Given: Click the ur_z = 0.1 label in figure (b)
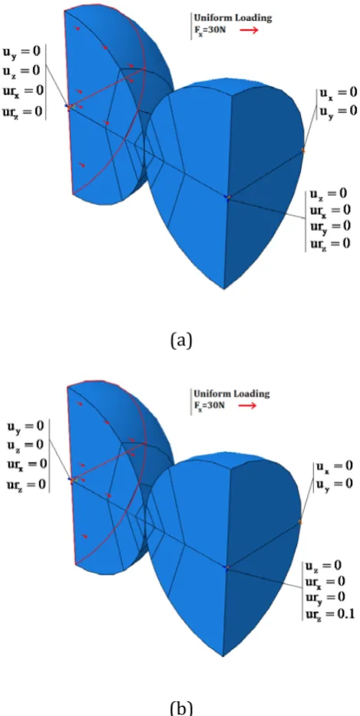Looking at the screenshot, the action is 330,613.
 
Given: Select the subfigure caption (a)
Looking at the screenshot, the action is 181,340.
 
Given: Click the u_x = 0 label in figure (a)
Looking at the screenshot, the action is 338,92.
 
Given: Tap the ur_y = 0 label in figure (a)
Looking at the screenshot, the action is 330,226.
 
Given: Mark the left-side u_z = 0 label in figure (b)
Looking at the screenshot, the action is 25,444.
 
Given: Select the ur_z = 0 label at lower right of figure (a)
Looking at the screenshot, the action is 330,243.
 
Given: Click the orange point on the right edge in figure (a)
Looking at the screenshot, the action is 303,150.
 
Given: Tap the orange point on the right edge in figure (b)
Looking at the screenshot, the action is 300,522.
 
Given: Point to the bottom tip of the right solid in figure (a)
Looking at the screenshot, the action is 224,289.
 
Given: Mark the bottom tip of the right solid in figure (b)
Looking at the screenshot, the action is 223,656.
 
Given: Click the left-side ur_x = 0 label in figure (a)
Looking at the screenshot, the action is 23,91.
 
